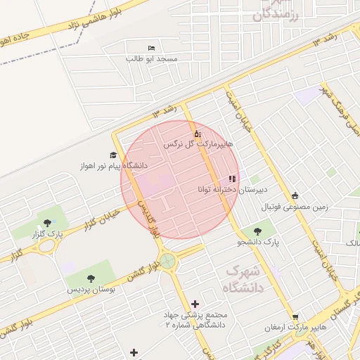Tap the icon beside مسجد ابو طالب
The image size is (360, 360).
click(x=153, y=47)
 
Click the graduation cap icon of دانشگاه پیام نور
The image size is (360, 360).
click(x=112, y=155)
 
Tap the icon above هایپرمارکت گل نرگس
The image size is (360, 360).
click(x=198, y=133)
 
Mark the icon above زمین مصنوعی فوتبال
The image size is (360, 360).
click(x=295, y=196)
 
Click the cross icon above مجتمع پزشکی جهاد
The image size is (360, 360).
click(x=195, y=303)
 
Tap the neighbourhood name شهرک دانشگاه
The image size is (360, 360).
click(x=243, y=279)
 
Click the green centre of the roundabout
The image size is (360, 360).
click(x=167, y=262)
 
